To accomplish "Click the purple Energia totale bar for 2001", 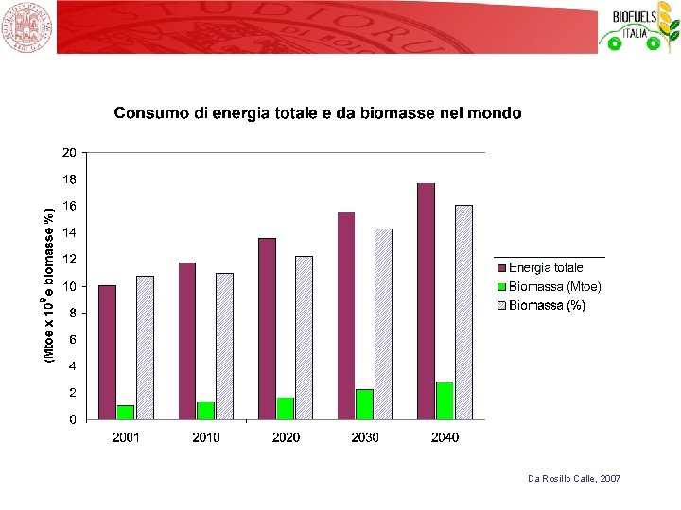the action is tap(107, 352).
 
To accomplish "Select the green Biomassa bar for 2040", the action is tap(445, 400).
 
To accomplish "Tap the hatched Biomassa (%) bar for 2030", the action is tap(383, 324).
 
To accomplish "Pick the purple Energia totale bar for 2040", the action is tap(426, 301).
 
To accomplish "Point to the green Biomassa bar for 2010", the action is tap(205, 411).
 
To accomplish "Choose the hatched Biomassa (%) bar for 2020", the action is tap(304, 338).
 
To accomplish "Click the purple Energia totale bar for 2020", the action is tap(267, 330).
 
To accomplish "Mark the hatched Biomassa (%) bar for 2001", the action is tap(145, 348).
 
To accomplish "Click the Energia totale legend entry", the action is tap(540, 267).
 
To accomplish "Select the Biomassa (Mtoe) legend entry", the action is tap(550, 287).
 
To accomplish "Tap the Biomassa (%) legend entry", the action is tap(542, 305).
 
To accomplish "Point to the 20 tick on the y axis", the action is tap(69, 153).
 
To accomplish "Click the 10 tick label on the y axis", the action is tap(69, 286).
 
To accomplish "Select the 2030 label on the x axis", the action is tap(365, 437).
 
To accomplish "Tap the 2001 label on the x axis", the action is tap(126, 437).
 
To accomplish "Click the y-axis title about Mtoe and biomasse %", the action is tap(49, 285).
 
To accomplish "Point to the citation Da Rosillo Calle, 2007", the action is tap(574, 478).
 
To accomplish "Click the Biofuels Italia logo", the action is tap(639, 26).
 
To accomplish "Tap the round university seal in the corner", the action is tap(26, 26).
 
